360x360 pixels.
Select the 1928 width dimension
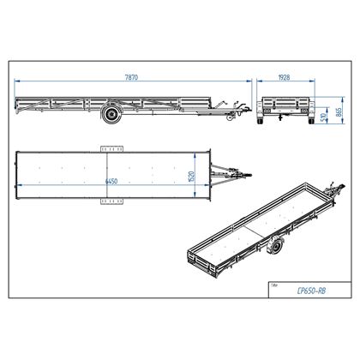click(x=284, y=76)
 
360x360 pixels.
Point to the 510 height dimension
click(x=321, y=117)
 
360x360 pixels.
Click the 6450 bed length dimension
click(x=112, y=182)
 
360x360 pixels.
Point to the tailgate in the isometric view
click(x=206, y=259)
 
